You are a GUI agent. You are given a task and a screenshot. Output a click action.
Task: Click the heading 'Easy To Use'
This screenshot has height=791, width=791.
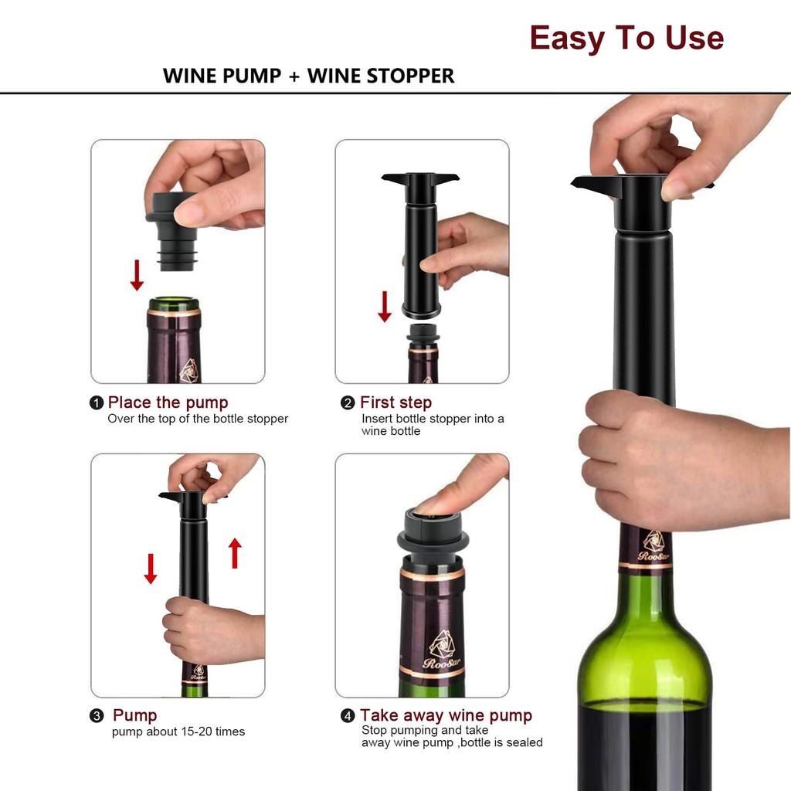[626, 38]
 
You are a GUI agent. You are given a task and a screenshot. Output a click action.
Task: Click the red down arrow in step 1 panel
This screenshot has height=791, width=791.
[137, 275]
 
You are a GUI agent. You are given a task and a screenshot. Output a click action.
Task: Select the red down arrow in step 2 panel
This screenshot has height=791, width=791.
[385, 306]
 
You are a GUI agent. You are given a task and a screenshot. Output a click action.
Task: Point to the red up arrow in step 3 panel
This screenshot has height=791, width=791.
[235, 553]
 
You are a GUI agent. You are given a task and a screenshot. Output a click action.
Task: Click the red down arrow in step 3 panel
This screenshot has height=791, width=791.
[151, 569]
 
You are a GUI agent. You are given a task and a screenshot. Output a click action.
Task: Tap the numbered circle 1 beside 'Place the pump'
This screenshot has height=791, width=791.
[97, 402]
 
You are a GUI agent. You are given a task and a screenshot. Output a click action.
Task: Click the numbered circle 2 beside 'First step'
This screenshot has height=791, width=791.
[348, 402]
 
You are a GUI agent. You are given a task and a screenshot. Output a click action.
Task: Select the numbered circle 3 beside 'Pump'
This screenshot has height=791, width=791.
[97, 716]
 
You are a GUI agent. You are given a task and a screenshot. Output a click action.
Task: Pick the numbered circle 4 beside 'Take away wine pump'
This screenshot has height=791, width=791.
[348, 716]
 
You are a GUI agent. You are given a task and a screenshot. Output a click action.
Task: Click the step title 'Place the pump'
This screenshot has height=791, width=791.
[168, 402]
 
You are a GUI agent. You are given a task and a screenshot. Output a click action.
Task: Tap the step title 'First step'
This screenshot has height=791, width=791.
[395, 402]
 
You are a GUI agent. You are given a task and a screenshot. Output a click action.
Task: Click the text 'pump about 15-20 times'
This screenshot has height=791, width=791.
[178, 732]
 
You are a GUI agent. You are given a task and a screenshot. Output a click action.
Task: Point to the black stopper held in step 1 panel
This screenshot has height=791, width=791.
[171, 232]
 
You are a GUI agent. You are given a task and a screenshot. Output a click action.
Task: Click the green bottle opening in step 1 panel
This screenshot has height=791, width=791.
[174, 304]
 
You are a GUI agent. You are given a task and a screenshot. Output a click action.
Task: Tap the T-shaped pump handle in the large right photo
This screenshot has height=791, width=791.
[641, 186]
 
